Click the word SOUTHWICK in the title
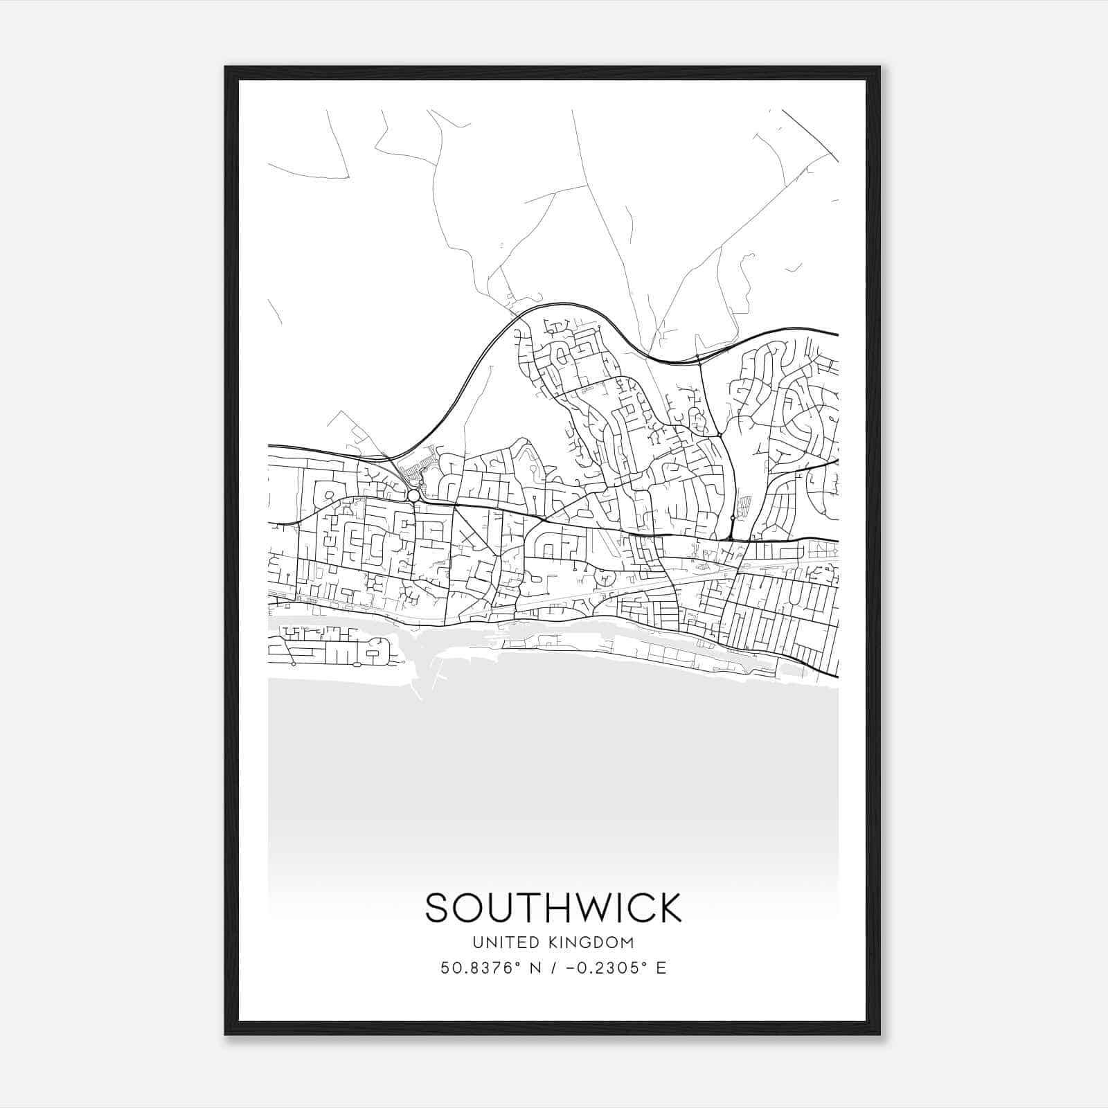pyautogui.click(x=553, y=908)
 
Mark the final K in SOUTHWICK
pyautogui.click(x=668, y=908)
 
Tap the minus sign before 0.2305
pyautogui.click(x=571, y=968)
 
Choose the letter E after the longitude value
pyautogui.click(x=661, y=968)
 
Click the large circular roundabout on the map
pyautogui.click(x=413, y=496)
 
